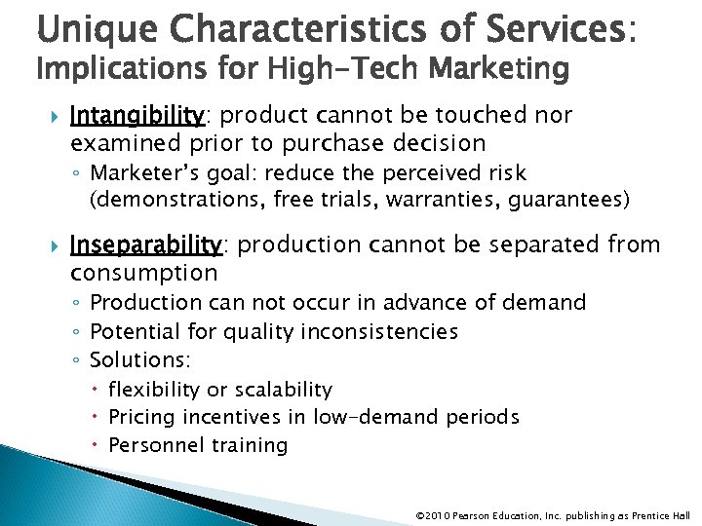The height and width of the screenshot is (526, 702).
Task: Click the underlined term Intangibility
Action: point(136,116)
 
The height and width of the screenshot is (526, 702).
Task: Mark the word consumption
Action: point(143,273)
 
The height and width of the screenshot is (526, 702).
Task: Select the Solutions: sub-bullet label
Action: point(140,360)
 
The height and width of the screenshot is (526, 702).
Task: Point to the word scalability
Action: point(283,390)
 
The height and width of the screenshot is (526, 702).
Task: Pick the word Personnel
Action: point(151,446)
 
